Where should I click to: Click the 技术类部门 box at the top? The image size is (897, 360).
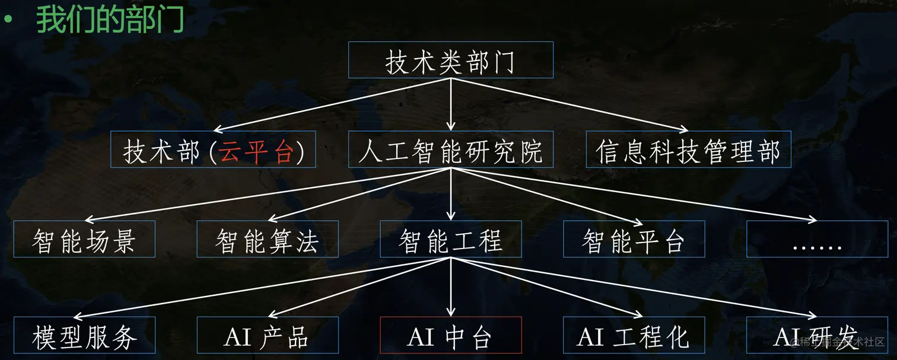click(450, 60)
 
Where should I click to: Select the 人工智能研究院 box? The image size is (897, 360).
click(450, 149)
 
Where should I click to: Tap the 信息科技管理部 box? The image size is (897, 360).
click(688, 149)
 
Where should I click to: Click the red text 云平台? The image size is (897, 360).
click(256, 152)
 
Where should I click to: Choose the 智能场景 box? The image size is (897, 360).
click(84, 239)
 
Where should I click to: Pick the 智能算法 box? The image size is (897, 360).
click(268, 239)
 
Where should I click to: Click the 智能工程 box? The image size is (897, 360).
click(450, 239)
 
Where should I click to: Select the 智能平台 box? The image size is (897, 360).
click(634, 239)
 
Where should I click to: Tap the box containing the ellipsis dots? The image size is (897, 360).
click(817, 239)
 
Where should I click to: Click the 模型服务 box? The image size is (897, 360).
click(84, 336)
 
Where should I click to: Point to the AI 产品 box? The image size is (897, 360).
click(268, 336)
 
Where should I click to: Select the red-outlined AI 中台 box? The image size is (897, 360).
click(450, 336)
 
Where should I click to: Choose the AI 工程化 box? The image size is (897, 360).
click(634, 336)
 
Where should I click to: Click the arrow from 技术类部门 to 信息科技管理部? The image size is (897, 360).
click(570, 104)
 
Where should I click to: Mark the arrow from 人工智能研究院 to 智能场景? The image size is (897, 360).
click(267, 194)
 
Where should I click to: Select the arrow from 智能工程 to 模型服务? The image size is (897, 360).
click(261, 288)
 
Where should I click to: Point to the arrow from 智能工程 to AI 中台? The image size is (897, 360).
click(450, 288)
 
